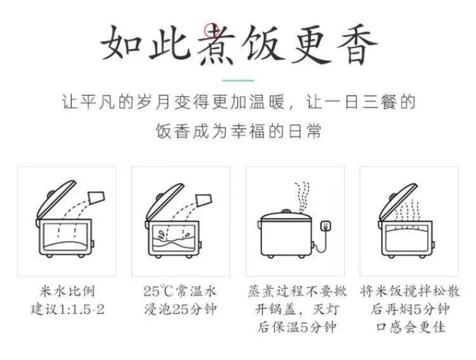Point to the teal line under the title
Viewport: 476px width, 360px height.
239,81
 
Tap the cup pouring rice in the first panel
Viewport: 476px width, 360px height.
96,197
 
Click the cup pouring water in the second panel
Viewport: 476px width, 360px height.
204,200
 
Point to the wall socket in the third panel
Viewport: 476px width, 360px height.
325,226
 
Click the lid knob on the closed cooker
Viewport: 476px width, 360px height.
286,211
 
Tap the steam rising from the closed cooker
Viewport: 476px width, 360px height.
302,197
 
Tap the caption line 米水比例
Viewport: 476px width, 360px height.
67,291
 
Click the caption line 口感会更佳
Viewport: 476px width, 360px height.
411,327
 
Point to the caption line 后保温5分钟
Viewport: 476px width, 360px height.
296,327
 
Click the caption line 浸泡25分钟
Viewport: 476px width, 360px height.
180,309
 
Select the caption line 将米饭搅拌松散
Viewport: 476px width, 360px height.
410,291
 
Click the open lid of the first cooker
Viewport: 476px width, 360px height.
56,199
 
